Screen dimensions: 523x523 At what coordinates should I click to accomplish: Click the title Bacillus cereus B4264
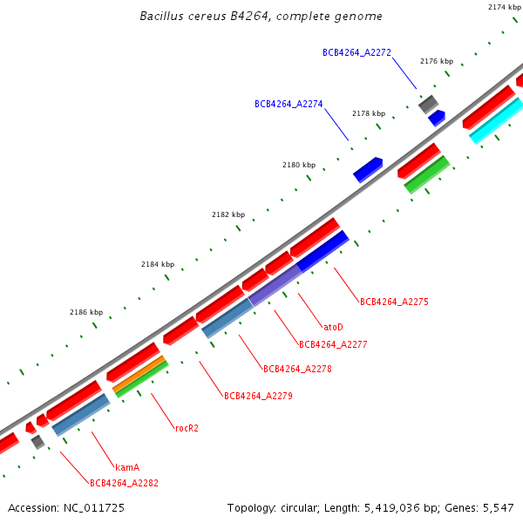261,17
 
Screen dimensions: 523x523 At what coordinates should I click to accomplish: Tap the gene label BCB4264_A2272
357,52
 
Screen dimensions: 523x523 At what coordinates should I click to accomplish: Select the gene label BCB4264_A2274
289,104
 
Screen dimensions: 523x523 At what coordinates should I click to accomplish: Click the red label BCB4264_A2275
394,302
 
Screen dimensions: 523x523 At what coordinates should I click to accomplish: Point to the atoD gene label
333,327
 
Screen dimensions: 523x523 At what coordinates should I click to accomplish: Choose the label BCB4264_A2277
333,344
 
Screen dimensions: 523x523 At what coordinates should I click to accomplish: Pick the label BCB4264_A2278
297,369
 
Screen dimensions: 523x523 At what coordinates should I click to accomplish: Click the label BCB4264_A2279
258,396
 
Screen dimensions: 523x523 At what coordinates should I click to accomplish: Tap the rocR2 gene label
187,428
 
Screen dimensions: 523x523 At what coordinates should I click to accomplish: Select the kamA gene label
127,467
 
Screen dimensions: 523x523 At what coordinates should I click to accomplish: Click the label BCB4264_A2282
124,483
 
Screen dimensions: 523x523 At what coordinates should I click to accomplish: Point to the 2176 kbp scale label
437,61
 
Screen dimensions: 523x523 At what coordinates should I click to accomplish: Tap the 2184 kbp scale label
158,264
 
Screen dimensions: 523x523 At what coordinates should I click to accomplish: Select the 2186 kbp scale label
86,312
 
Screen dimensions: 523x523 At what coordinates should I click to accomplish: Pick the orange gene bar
139,373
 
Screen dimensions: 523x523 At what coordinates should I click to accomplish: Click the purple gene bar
275,285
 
